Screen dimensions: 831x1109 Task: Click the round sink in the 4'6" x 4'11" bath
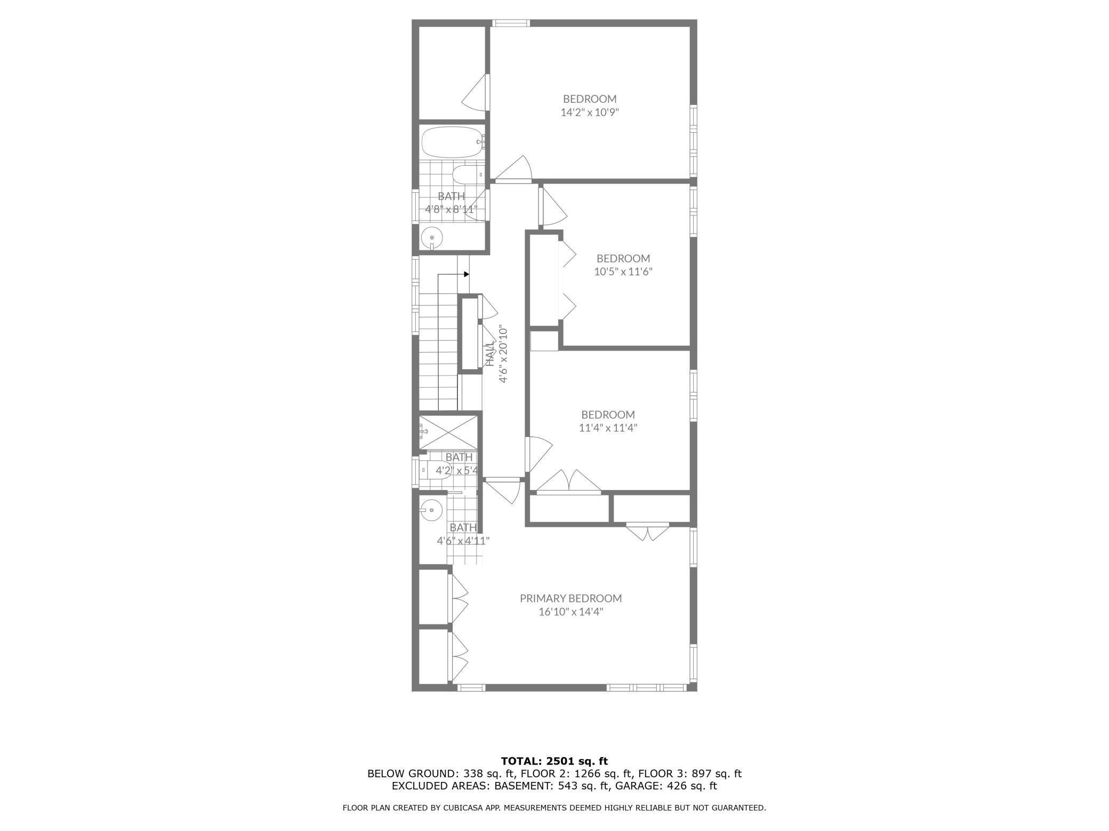pyautogui.click(x=431, y=510)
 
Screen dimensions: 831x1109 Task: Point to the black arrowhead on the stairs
pyautogui.click(x=467, y=274)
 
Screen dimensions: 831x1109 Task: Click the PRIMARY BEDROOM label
pyautogui.click(x=570, y=598)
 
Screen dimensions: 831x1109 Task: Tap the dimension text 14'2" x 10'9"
pyautogui.click(x=589, y=112)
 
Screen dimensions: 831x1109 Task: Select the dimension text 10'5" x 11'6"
pyautogui.click(x=623, y=272)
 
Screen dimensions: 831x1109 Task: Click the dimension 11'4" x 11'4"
pyautogui.click(x=608, y=427)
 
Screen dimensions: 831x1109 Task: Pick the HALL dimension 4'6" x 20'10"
pyautogui.click(x=503, y=354)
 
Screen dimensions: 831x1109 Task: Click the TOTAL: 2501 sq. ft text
pyautogui.click(x=554, y=761)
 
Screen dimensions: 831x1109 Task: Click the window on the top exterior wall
pyautogui.click(x=510, y=23)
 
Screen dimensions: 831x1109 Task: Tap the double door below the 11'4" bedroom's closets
pyautogui.click(x=647, y=532)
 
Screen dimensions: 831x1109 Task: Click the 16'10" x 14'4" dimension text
pyautogui.click(x=570, y=612)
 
